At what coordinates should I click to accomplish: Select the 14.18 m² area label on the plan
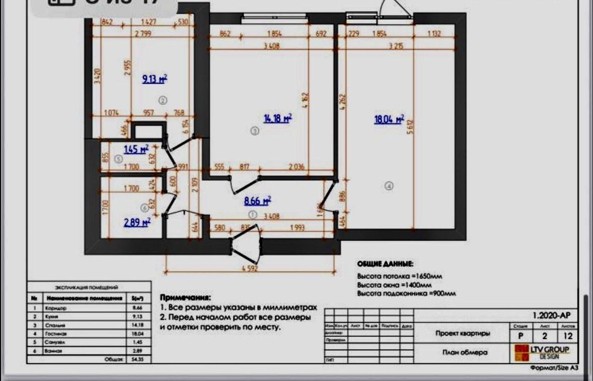tap(277, 118)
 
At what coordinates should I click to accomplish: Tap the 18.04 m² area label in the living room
tap(389, 119)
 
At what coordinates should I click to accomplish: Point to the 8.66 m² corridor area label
tap(257, 201)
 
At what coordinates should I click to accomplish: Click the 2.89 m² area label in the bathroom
tap(137, 222)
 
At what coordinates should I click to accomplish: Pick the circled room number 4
tap(389, 185)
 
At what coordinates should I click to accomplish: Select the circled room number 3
tap(254, 132)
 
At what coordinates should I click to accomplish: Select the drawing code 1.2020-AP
tap(551, 315)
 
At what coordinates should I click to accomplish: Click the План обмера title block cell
tap(465, 352)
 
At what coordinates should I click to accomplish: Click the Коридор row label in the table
tap(55, 307)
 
